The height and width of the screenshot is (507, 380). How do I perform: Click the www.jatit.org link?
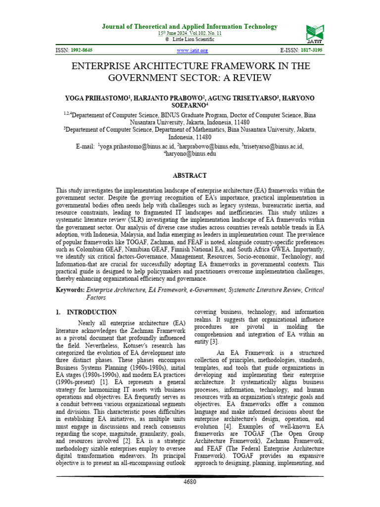192,51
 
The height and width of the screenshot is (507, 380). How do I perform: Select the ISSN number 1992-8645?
82,51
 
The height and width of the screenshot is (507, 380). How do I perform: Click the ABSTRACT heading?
190,175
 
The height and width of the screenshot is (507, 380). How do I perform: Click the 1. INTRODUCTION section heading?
86,312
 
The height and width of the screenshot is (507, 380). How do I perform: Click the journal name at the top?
190,27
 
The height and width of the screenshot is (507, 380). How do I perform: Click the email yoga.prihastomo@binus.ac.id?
137,147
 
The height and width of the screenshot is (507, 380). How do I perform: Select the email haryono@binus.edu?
191,154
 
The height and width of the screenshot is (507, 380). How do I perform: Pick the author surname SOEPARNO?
190,105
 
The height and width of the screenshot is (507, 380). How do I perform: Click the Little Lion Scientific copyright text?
192,39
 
